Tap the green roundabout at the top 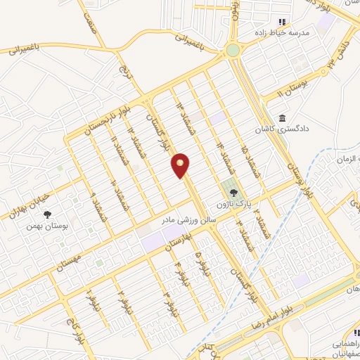click(x=233, y=50)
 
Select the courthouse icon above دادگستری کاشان click(x=283, y=117)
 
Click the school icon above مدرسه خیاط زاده click(x=283, y=22)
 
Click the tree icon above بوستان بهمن click(x=48, y=214)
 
